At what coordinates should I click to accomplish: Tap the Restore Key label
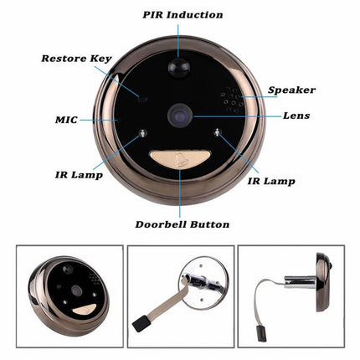(x=77, y=59)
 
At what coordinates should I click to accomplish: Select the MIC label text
(x=66, y=119)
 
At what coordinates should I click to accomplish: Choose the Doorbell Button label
(x=182, y=224)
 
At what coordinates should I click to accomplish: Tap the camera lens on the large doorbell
(x=181, y=117)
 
